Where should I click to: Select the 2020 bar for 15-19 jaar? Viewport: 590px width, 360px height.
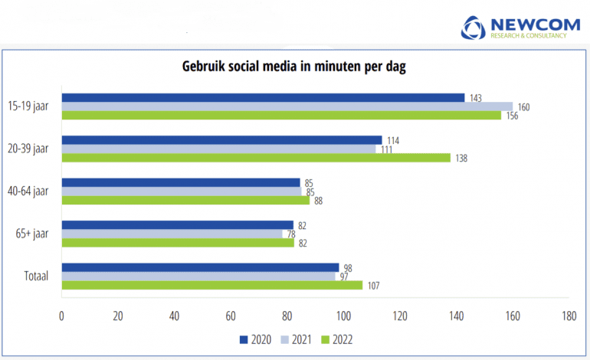point(263,97)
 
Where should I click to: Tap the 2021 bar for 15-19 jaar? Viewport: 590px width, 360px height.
point(287,106)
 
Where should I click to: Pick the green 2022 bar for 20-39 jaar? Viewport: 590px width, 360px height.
point(256,157)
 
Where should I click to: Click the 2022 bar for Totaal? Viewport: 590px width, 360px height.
point(212,285)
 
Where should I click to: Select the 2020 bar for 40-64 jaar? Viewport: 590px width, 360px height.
point(181,182)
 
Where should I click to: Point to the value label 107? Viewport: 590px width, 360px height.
point(373,286)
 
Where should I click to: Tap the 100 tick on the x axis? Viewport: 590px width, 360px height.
point(343,315)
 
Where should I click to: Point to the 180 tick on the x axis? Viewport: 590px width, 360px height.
point(569,315)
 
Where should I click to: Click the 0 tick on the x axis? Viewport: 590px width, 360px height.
point(61,315)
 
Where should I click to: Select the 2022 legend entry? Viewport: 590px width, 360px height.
point(338,338)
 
